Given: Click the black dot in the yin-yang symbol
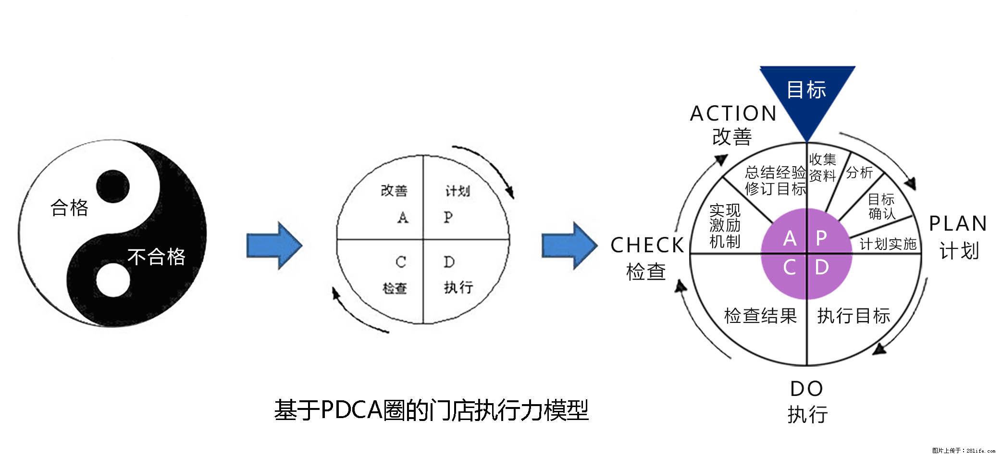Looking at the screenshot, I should coord(112,186).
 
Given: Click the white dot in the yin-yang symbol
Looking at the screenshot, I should coord(113,280).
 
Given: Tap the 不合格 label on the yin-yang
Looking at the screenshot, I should coord(156,257).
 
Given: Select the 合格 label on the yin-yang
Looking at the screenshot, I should coord(70,208).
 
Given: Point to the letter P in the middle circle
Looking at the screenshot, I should coord(448,217).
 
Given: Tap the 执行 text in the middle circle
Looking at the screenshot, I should coord(458,287).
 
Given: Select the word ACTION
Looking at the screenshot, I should coord(733,114).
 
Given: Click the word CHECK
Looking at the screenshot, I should coord(647,246).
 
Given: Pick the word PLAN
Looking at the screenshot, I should coord(958,224).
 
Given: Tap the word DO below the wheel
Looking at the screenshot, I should coord(807,389).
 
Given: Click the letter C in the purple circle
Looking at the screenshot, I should coord(789,268).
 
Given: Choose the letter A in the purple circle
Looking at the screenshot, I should coord(790,238).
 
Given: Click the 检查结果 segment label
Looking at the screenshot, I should coord(760,316).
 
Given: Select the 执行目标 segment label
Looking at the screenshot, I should coord(854,316).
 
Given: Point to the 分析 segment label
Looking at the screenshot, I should coord(859,173).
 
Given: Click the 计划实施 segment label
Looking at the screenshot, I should coord(888,244).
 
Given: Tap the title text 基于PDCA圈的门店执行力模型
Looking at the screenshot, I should coord(431,410).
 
